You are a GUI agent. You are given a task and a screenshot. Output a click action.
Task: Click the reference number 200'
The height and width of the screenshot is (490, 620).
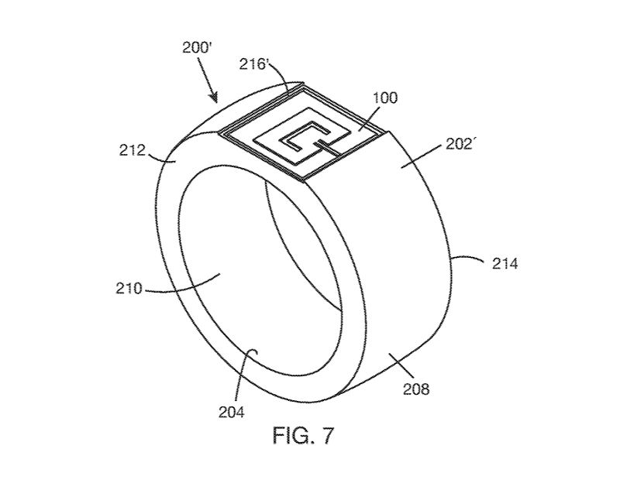(198, 48)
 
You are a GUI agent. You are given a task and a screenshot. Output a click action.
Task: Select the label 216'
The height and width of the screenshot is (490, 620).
(254, 63)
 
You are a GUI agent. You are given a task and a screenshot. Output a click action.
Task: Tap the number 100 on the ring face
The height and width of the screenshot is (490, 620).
(384, 98)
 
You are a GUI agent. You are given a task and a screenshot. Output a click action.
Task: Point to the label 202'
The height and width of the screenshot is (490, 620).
(460, 145)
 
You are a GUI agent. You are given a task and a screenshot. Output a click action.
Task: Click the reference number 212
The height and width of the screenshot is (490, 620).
(133, 150)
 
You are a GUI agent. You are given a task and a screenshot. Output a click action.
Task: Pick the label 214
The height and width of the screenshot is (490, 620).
(505, 263)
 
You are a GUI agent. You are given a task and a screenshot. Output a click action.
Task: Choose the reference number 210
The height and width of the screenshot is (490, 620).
(129, 289)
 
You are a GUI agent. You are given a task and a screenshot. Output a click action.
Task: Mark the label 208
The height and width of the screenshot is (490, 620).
(416, 389)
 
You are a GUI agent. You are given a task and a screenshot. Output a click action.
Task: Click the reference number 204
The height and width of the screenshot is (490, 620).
(232, 413)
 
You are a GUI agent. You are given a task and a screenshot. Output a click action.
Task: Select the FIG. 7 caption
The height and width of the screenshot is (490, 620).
(303, 435)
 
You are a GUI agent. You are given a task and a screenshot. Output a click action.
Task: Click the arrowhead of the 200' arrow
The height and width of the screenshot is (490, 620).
(215, 97)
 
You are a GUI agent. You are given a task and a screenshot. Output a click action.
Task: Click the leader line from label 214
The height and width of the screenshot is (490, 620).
(467, 259)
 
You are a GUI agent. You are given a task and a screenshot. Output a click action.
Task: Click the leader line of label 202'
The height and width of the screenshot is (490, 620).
(422, 156)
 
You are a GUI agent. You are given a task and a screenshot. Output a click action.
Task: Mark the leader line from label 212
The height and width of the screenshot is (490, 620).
(161, 159)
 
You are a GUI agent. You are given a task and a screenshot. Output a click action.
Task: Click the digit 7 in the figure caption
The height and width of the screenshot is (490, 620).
(328, 435)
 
